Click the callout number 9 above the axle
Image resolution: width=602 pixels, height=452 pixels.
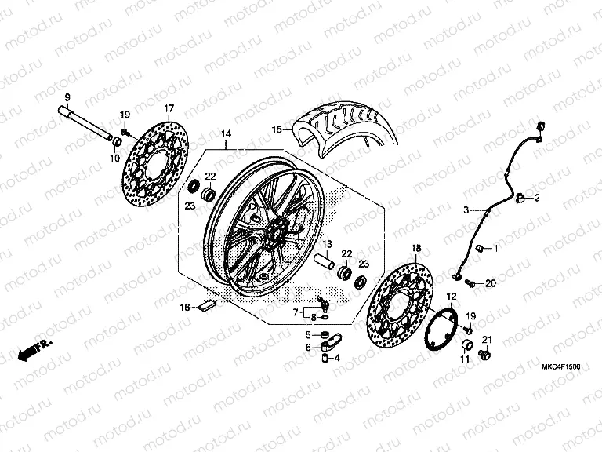(67, 97)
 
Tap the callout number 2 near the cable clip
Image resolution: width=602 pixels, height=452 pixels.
(538, 199)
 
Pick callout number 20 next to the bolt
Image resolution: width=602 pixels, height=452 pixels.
(491, 282)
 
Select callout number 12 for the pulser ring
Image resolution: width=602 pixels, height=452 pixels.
(451, 296)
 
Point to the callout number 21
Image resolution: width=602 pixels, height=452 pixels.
(486, 339)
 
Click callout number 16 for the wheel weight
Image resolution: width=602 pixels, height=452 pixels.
(185, 307)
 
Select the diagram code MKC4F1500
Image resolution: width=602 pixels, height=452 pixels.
(560, 366)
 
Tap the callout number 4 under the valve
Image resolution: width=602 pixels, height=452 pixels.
(336, 358)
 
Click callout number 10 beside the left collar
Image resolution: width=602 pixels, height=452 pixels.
(114, 158)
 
